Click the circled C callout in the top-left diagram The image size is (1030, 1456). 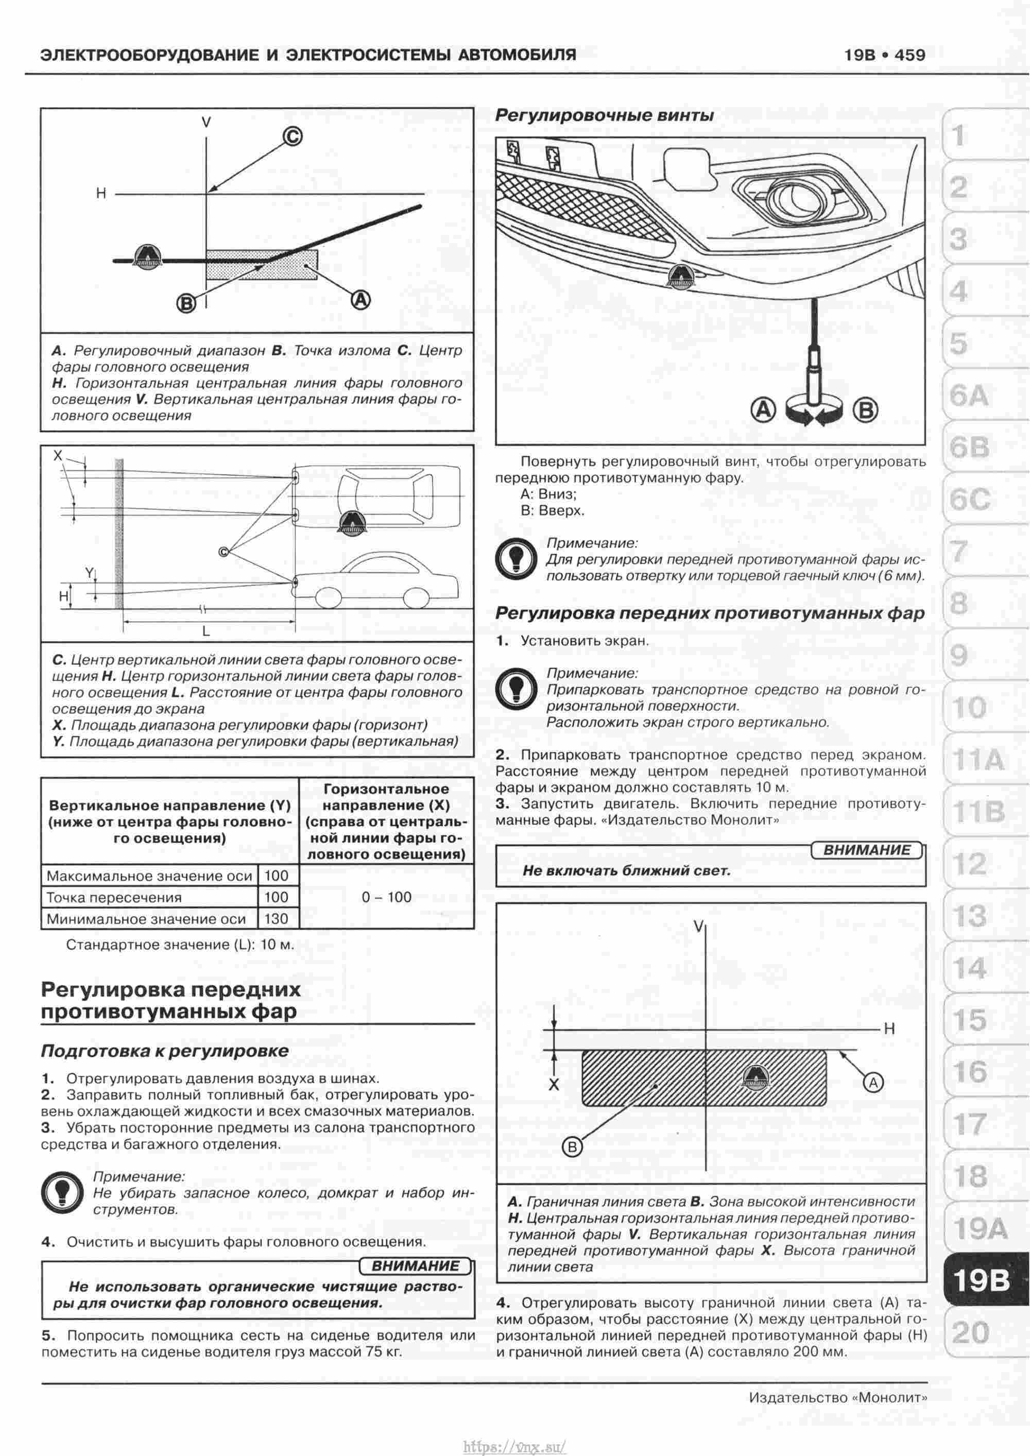[292, 136]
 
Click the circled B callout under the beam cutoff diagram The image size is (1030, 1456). [186, 304]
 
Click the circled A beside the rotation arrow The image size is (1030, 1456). [764, 409]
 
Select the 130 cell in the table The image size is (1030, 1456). [276, 918]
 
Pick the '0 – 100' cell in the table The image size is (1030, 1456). [386, 897]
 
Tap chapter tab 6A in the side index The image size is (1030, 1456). [969, 396]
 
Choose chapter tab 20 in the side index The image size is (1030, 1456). [970, 1332]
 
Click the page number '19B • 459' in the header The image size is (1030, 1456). [885, 55]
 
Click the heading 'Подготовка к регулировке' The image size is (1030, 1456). [164, 1051]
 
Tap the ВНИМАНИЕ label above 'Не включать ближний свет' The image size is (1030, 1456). [866, 850]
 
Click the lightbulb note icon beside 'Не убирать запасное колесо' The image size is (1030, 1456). [62, 1192]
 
